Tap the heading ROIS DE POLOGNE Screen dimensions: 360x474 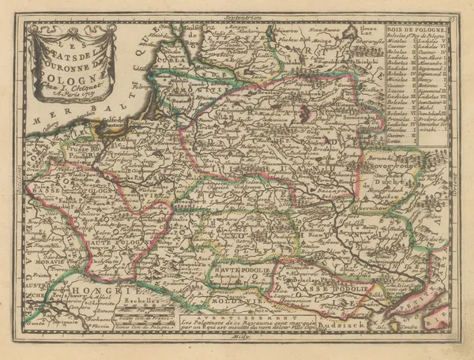416,29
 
